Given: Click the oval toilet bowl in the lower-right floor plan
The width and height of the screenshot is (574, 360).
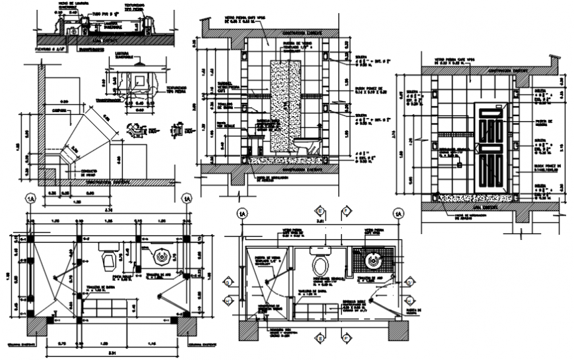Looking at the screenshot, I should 321,267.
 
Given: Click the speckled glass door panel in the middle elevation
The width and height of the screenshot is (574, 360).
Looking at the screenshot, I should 286,109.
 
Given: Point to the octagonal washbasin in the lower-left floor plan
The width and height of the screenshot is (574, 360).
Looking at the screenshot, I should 160,257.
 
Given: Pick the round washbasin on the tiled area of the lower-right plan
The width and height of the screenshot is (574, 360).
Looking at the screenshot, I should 375,261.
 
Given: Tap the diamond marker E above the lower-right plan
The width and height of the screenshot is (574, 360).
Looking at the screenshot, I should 321,212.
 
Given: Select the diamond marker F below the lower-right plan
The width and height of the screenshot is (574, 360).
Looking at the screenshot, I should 345,339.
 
